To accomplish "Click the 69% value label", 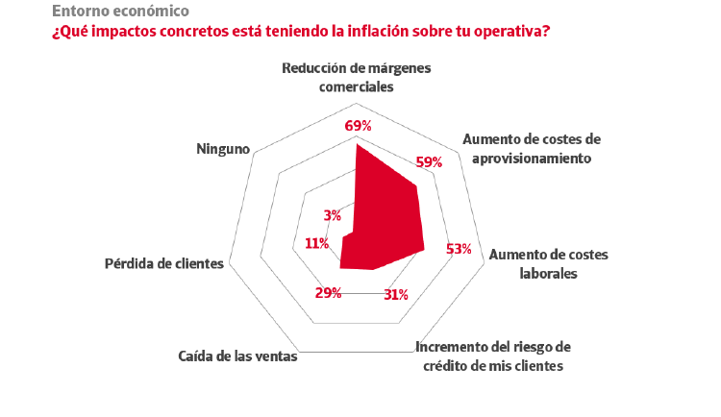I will (358, 126).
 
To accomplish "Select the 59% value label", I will (429, 162).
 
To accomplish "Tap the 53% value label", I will (459, 249).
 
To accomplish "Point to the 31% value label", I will (395, 294).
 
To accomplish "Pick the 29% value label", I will (329, 292).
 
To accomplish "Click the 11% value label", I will (317, 243).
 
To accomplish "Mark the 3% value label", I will (333, 215).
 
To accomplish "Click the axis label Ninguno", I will (223, 149).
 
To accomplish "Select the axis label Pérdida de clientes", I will (163, 263).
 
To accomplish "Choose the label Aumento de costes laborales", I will (548, 264).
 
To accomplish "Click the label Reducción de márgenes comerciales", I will (357, 77).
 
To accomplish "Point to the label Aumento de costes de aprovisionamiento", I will (531, 148).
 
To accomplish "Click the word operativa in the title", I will (508, 31).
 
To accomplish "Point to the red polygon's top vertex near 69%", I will (357, 145).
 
